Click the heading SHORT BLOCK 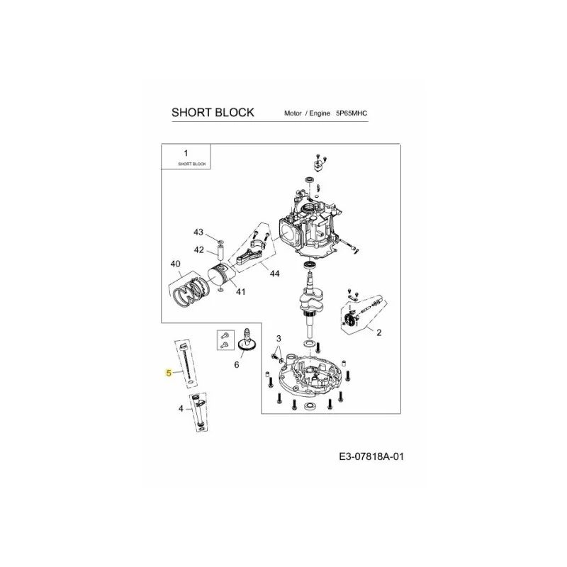point(213,113)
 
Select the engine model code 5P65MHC point(351,113)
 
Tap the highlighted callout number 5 point(169,373)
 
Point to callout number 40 point(175,264)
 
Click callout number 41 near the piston point(240,291)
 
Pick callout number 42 point(199,250)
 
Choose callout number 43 point(198,232)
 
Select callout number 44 point(275,274)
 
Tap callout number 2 point(378,332)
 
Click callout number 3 point(279,339)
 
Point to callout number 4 point(181,409)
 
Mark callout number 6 point(237,365)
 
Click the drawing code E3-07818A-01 point(371,456)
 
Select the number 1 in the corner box point(186,153)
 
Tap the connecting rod point(250,256)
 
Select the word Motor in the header point(293,113)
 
